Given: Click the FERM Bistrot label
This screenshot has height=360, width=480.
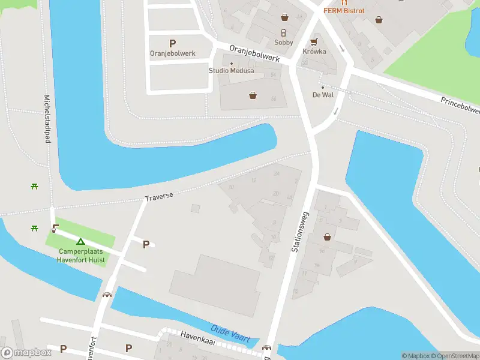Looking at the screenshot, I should tap(344, 11).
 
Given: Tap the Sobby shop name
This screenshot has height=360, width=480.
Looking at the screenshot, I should tap(284, 43).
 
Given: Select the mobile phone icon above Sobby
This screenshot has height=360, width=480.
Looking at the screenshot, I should tap(284, 33).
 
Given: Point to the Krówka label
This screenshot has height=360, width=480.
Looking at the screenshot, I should tap(314, 52).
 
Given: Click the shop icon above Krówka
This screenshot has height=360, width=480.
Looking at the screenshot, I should tap(314, 42).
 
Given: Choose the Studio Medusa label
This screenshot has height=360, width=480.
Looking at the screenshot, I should tap(231, 71).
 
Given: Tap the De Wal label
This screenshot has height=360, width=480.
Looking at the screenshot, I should tap(323, 95).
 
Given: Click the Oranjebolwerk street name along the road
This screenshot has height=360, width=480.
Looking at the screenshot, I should tap(254, 54).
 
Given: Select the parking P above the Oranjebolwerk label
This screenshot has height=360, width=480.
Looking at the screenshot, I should tap(173, 43).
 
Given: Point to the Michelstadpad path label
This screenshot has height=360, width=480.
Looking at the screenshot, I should tap(46, 118).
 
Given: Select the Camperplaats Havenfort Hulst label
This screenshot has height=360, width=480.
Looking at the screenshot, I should tap(81, 256).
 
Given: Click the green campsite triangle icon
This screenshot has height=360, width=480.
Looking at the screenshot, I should tap(80, 241).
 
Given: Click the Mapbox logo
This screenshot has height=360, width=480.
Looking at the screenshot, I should tap(26, 353).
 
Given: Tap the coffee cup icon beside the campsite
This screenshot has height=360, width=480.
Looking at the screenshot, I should tap(55, 228).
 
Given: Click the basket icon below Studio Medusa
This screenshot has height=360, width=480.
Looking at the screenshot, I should tap(253, 95).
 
